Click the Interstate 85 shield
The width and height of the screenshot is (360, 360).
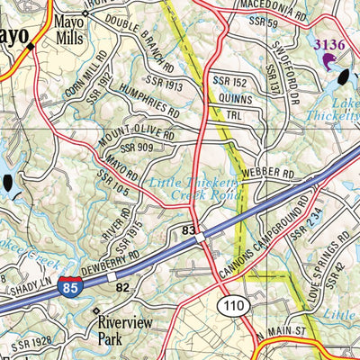[68, 288]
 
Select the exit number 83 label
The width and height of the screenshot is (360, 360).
[189, 231]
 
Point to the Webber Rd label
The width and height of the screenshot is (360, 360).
[275, 172]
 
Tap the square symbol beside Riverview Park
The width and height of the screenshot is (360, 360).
[97, 311]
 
